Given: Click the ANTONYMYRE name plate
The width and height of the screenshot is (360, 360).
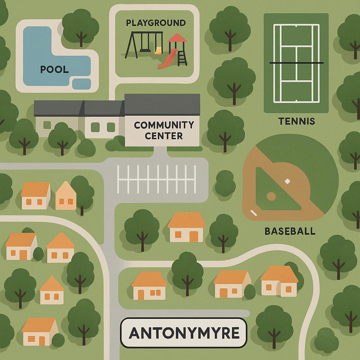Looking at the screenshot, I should [184, 333].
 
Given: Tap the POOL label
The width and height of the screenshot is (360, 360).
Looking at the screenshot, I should [54, 69].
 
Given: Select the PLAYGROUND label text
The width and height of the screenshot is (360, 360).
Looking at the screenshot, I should [155, 23].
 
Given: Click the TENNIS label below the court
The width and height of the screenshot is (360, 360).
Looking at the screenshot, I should [296, 121].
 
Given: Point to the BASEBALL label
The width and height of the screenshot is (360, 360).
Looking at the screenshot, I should [290, 231].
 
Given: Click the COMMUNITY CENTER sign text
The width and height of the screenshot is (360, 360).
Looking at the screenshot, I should [163, 130].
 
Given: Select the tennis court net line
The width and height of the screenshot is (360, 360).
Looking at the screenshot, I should [296, 63].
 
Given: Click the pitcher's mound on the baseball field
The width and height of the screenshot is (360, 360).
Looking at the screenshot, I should [271, 196].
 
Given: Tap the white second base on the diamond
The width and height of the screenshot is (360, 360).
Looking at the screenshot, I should [287, 181].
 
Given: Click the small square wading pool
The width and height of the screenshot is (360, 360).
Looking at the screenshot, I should [81, 84].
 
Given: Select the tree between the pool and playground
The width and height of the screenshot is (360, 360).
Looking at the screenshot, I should [81, 26].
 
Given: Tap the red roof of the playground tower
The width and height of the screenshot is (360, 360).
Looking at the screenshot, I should [177, 38].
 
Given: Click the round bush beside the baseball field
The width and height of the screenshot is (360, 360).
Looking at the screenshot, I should [225, 183].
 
